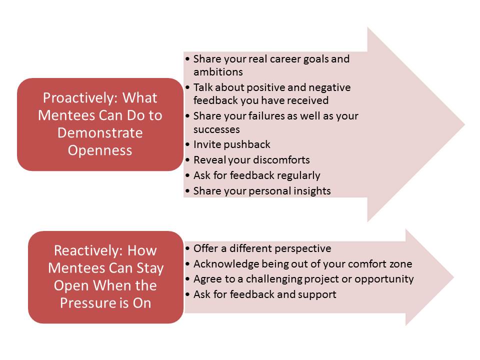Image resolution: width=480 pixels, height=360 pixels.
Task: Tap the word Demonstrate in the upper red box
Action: point(100,133)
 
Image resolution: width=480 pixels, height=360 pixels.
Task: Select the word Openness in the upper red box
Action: point(100,150)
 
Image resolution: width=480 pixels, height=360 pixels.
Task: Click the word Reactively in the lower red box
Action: point(88,250)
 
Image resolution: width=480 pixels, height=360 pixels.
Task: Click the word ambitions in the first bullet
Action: point(218,72)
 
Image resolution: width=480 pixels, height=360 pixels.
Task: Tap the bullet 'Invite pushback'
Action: point(231,144)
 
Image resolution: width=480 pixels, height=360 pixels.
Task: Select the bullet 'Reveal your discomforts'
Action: point(251,160)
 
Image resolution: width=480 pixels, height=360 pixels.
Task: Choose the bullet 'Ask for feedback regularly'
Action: point(257,175)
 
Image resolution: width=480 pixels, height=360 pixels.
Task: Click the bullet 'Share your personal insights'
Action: point(262,190)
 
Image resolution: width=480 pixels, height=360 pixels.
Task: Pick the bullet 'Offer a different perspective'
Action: point(262,248)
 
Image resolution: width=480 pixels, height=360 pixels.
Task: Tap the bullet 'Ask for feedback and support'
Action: point(265,294)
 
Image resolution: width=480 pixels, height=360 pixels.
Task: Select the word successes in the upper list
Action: point(216,129)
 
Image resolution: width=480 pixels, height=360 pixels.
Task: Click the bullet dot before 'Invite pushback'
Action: point(187,145)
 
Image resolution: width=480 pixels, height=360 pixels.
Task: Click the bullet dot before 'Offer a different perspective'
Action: point(187,248)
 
